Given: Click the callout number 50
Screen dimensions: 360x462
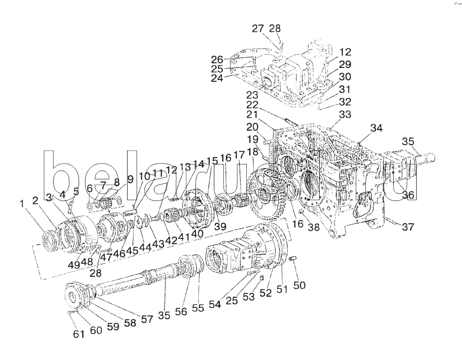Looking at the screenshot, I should click(299, 286).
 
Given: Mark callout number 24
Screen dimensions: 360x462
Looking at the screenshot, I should click(217, 78).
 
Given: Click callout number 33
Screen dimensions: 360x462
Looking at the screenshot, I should click(345, 114).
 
